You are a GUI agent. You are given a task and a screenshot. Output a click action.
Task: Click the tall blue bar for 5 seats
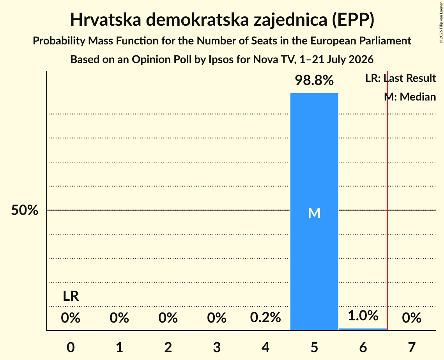click(x=314, y=212)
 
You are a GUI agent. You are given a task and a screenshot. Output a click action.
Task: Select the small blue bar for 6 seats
click(x=363, y=329)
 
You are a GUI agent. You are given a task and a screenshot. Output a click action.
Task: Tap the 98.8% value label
click(x=314, y=80)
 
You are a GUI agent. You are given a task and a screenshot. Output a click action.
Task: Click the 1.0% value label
click(x=363, y=316)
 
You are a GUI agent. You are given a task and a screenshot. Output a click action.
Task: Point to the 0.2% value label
click(x=265, y=318)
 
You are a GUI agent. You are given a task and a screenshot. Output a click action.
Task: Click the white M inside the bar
click(x=314, y=213)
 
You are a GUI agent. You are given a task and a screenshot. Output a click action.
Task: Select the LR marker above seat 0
click(x=71, y=296)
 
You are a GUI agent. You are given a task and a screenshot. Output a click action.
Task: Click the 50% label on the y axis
click(x=25, y=210)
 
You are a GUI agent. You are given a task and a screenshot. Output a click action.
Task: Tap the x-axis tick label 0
click(x=71, y=347)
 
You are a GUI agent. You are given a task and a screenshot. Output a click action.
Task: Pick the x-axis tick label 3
click(x=217, y=347)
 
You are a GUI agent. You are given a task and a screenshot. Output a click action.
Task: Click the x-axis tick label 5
click(x=314, y=347)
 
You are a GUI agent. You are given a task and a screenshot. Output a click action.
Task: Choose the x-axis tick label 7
click(x=412, y=347)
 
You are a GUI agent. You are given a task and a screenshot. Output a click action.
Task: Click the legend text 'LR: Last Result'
click(x=400, y=78)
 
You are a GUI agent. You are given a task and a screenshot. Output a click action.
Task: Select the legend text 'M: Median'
click(x=410, y=97)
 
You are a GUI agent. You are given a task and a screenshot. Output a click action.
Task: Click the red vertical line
click(x=387, y=200)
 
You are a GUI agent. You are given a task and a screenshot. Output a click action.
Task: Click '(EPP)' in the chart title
click(x=353, y=20)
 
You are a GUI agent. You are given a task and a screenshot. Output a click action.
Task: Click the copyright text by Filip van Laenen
click(x=441, y=22)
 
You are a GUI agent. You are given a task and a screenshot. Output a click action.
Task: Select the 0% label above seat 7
click(x=412, y=318)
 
